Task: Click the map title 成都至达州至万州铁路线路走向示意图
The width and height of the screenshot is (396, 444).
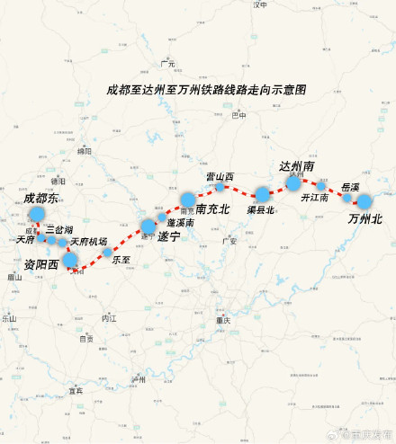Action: click(206, 90)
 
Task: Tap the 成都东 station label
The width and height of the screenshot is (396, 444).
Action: click(40, 198)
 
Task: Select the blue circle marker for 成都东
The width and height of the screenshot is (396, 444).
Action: click(37, 213)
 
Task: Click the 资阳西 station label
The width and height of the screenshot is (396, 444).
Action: click(40, 264)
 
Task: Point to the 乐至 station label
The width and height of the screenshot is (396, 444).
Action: click(121, 260)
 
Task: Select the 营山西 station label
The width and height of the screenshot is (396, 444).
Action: click(220, 176)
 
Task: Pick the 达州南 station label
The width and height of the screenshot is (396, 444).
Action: click(296, 167)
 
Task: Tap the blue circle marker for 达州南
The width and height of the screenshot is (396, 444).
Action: click(293, 182)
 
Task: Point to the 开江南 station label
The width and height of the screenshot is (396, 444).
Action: click(314, 197)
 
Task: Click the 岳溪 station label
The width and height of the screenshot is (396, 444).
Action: click(350, 187)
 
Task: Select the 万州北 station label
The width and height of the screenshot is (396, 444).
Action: click(365, 218)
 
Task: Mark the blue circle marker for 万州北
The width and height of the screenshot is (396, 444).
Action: click(364, 201)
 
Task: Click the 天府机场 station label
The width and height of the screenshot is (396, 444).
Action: click(88, 242)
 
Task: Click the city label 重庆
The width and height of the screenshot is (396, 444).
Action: click(223, 321)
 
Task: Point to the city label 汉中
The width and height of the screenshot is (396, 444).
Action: click(261, 5)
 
